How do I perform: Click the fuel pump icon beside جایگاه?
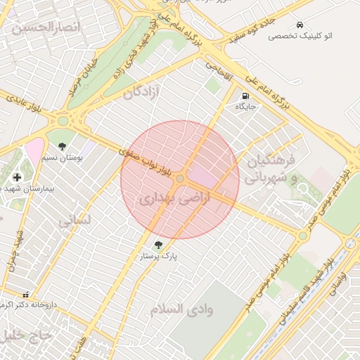click(245, 96)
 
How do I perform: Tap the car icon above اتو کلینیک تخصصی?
click(301, 25)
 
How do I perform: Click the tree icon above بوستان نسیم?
click(63, 147)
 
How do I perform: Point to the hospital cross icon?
click(17, 176)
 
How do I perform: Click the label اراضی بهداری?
click(165, 198)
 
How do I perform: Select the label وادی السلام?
click(181, 309)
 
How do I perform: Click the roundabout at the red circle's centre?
click(181, 180)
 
